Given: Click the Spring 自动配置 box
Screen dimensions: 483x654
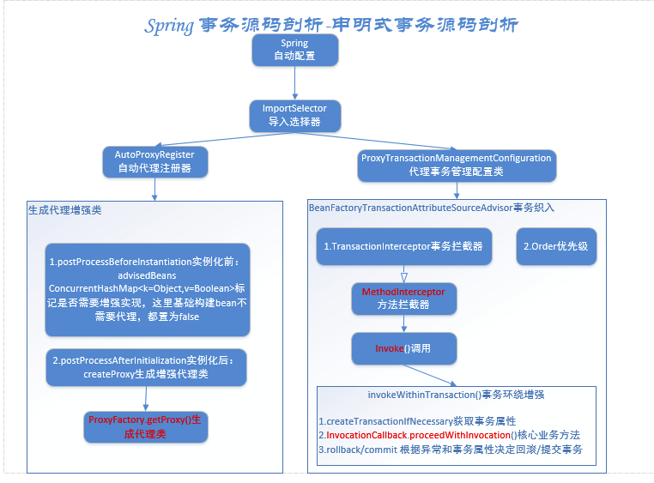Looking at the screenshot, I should (x=294, y=50).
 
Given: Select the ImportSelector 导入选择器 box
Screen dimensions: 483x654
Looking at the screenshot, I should (x=294, y=115).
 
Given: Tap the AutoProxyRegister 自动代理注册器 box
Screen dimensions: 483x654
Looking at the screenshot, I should (x=154, y=161).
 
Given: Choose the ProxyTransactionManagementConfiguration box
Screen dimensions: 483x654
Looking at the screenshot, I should (x=455, y=165).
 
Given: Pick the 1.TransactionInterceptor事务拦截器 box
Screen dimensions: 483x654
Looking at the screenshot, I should (x=403, y=246).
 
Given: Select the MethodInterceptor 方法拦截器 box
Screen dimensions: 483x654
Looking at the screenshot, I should (x=403, y=299).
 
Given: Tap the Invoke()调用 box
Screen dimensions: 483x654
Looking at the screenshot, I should (x=403, y=348).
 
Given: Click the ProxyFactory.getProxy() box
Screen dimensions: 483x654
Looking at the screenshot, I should (x=145, y=425).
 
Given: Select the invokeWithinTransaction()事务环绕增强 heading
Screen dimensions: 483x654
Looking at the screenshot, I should (x=456, y=395).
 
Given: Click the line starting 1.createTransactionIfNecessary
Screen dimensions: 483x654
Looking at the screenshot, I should (x=416, y=421).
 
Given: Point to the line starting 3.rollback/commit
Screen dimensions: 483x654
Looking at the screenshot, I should (x=451, y=450).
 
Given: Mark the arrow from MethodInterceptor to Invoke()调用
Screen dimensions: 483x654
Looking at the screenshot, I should (x=403, y=323).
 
